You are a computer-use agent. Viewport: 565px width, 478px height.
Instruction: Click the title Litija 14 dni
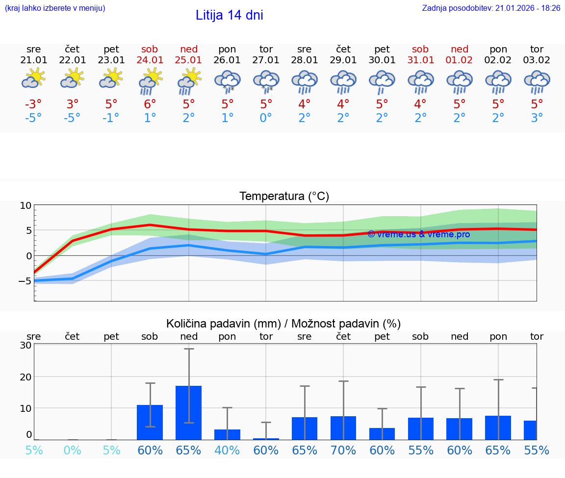click(229, 15)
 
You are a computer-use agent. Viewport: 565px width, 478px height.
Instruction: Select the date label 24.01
click(150, 60)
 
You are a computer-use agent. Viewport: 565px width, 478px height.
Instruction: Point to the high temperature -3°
click(33, 104)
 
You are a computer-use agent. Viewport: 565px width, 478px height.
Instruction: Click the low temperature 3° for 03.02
click(537, 118)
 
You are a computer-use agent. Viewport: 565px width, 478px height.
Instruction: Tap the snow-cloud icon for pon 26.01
click(227, 81)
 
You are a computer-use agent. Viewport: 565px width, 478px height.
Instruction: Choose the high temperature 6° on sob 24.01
click(150, 104)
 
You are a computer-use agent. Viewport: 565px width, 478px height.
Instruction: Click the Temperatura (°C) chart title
click(284, 196)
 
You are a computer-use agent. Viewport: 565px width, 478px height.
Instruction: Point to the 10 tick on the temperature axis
click(26, 206)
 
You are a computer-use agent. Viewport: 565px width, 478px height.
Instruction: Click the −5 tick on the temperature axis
click(24, 281)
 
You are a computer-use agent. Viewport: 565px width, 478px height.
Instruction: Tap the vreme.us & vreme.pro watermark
click(418, 234)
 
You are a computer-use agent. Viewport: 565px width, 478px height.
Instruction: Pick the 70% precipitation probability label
click(343, 451)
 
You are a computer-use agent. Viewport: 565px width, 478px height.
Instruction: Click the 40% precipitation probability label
click(227, 451)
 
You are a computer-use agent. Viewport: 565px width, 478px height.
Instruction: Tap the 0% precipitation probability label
click(72, 451)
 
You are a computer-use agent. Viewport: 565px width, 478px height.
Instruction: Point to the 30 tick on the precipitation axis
click(26, 345)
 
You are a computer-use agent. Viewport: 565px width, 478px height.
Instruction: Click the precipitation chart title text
click(283, 324)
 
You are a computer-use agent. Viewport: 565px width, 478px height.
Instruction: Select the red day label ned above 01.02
click(460, 49)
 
